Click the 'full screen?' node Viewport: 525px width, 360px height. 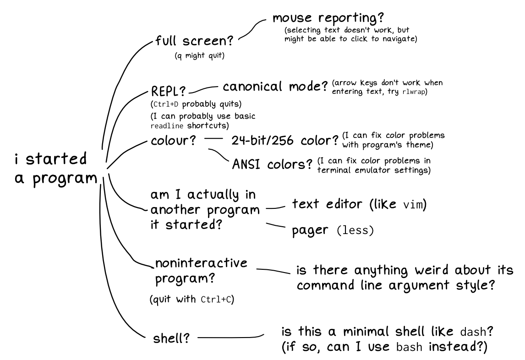pos(195,41)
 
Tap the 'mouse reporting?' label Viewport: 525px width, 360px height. pos(328,19)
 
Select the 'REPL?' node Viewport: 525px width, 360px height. pos(168,91)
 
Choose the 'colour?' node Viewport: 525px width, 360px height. pos(173,140)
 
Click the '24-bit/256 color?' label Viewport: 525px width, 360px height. pos(285,140)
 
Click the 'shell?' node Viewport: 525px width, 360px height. pos(171,339)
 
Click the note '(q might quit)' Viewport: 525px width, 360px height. pos(199,56)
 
